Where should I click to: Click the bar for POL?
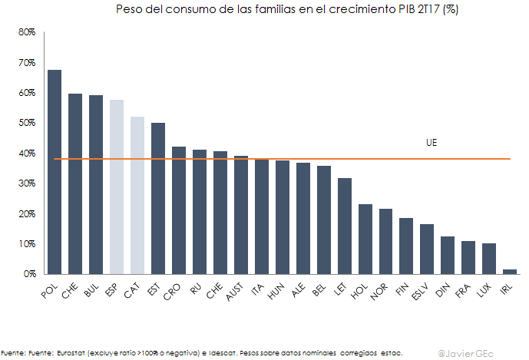click(x=55, y=172)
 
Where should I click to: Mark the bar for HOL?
click(x=365, y=239)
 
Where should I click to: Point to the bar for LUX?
click(x=489, y=259)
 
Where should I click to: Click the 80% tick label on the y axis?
click(x=28, y=32)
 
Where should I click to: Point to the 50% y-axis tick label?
click(x=28, y=123)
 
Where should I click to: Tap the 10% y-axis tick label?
click(x=28, y=243)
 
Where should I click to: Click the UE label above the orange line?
click(x=431, y=143)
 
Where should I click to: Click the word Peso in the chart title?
click(x=128, y=10)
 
